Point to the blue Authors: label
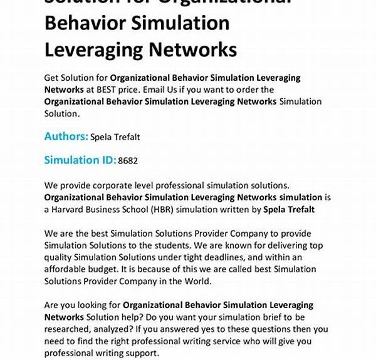point(66,136)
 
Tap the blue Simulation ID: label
point(80,160)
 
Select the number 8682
point(128,161)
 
